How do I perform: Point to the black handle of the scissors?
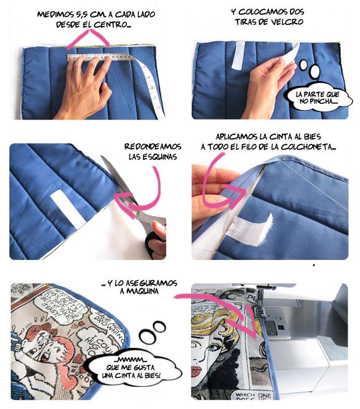coord(154,242)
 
